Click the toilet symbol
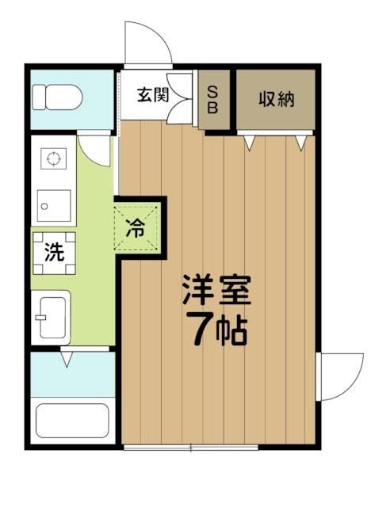click(58, 97)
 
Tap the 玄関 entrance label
click(153, 95)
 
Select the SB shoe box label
click(212, 100)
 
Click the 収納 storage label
click(276, 99)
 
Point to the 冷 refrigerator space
click(137, 227)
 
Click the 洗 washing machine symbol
click(54, 253)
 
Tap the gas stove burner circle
click(54, 158)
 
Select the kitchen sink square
click(54, 206)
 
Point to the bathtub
click(72, 421)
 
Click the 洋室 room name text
click(216, 290)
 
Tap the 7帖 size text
click(220, 332)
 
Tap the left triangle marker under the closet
click(249, 143)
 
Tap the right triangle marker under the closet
click(300, 143)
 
